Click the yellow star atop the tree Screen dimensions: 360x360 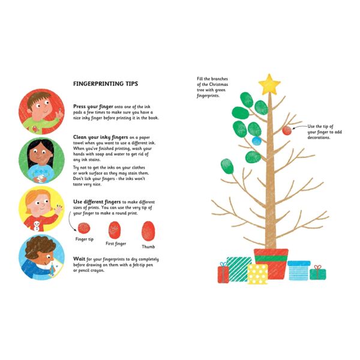[270, 84]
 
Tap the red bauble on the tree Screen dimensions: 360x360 [287, 130]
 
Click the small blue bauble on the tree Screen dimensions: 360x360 [257, 141]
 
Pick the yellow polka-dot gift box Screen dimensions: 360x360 [258, 274]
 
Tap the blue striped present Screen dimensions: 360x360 [298, 271]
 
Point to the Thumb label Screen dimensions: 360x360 [148, 247]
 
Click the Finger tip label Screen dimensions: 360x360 [84, 239]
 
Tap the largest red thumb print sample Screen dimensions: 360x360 [148, 230]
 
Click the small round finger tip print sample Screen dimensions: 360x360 [84, 227]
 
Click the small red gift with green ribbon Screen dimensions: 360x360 [223, 274]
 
